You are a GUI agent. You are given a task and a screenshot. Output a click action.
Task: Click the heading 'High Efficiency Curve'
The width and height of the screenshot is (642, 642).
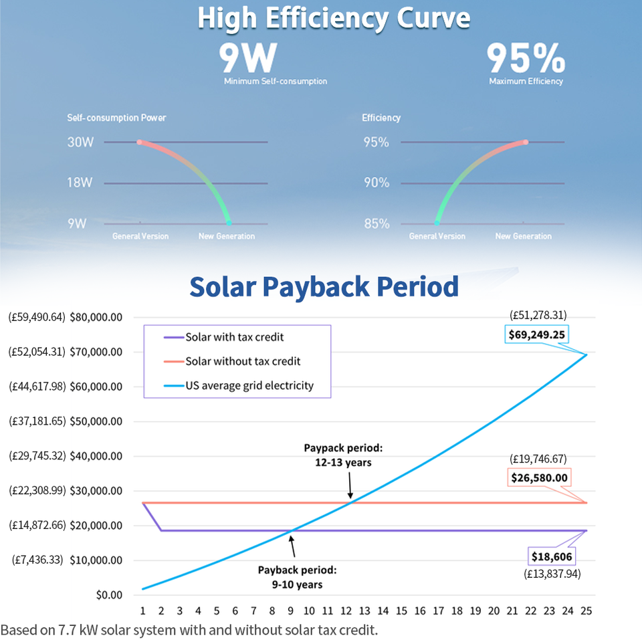click(334, 19)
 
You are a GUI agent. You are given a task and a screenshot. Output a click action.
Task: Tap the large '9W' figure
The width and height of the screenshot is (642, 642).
click(247, 58)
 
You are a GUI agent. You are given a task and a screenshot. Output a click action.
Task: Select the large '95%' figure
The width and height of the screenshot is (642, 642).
click(525, 58)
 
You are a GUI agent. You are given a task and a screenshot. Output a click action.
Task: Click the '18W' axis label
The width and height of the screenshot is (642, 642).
click(80, 183)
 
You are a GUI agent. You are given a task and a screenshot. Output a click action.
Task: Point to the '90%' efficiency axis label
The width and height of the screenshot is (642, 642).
click(377, 183)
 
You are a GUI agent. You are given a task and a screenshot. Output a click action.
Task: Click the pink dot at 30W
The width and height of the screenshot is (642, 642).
click(139, 142)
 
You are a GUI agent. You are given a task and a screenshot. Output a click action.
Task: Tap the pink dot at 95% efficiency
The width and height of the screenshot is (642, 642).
click(526, 142)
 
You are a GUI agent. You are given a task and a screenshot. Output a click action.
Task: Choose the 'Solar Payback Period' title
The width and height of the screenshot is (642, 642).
click(324, 286)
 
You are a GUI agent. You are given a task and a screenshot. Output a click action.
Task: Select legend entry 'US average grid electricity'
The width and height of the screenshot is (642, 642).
click(249, 385)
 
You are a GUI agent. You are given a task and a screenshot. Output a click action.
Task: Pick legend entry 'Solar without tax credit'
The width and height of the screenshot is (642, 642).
click(243, 361)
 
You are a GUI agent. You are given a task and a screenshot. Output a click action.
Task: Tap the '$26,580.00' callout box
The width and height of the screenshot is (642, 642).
click(539, 477)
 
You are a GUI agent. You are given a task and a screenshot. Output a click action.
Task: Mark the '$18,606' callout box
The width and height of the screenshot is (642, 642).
click(552, 556)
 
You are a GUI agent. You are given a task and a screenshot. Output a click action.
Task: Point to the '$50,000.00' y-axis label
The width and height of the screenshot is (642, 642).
click(96, 421)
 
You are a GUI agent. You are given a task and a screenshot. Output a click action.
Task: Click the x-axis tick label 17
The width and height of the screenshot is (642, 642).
click(438, 611)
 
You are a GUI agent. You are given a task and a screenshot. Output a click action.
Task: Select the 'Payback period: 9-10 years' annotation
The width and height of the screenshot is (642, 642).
click(297, 577)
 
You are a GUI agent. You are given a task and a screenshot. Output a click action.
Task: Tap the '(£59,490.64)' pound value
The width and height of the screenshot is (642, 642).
click(37, 317)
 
